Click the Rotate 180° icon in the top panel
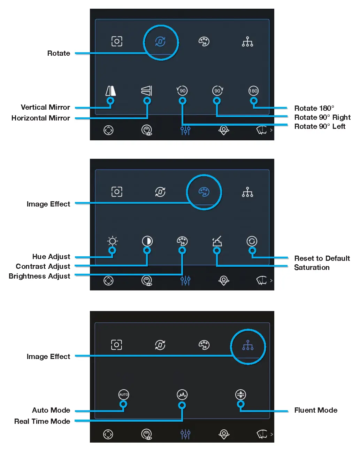pyautogui.click(x=253, y=91)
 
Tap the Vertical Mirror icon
pyautogui.click(x=111, y=91)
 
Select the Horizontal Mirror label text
pyautogui.click(x=41, y=118)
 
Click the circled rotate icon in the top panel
pyautogui.click(x=160, y=42)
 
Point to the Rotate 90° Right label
pyautogui.click(x=322, y=117)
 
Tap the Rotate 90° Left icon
pyautogui.click(x=182, y=91)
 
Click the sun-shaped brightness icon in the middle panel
pyautogui.click(x=112, y=241)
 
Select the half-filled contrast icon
pyautogui.click(x=147, y=241)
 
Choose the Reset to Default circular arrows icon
pyautogui.click(x=252, y=241)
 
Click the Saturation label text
pyautogui.click(x=312, y=267)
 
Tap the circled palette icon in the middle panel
pyautogui.click(x=204, y=192)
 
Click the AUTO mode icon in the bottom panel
pyautogui.click(x=124, y=395)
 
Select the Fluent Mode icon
pyautogui.click(x=240, y=395)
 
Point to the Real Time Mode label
pyautogui.click(x=42, y=421)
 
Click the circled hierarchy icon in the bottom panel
pyautogui.click(x=248, y=345)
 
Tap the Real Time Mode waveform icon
pyautogui.click(x=182, y=395)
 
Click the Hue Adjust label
pyautogui.click(x=51, y=257)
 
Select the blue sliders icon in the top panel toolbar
pyautogui.click(x=185, y=130)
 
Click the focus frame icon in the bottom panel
pyautogui.click(x=116, y=345)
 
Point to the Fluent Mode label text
pyautogui.click(x=316, y=410)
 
